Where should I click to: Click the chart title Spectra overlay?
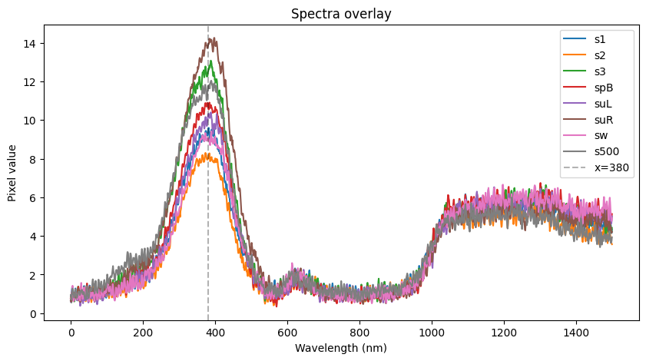click(342, 14)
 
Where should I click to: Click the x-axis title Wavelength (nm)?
click(342, 348)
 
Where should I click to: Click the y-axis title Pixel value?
click(12, 173)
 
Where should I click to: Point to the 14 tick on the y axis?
click(34, 44)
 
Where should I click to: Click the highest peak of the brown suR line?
click(210, 37)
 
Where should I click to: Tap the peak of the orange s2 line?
click(208, 153)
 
